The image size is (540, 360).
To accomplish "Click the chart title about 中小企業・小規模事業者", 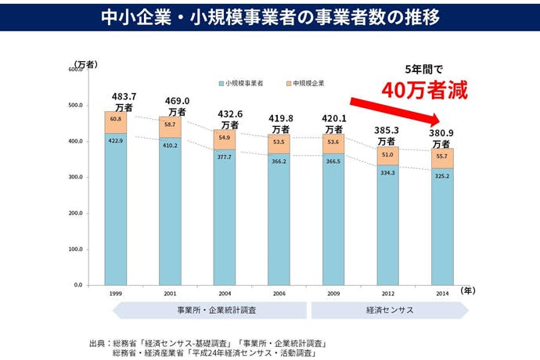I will [x=270, y=16].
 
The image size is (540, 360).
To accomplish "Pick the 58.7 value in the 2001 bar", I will [x=170, y=124].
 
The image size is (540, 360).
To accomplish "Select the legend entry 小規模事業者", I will [x=243, y=82].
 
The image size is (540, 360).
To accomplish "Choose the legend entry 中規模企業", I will [x=308, y=82].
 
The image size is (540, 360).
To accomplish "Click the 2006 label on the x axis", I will [x=279, y=293].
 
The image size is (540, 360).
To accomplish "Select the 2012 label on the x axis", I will [x=387, y=293].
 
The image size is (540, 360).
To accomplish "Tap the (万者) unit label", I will [x=86, y=63].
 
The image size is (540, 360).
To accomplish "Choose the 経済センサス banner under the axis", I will [x=389, y=311].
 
